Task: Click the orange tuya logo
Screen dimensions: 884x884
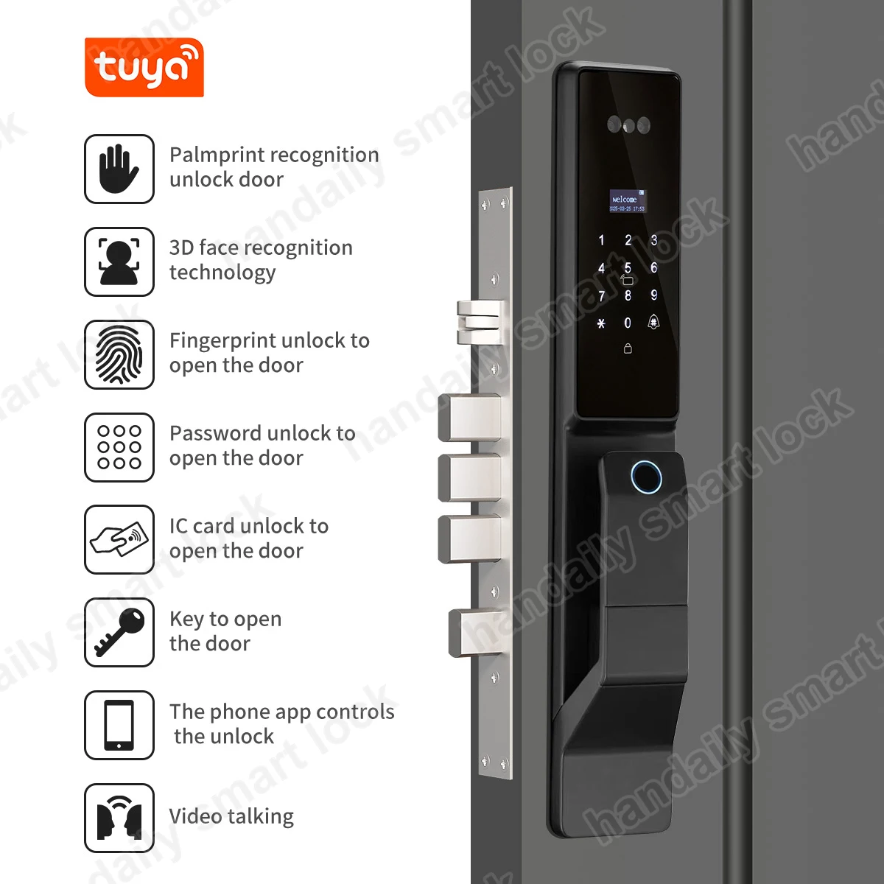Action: tap(144, 67)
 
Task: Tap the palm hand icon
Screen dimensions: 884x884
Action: tap(119, 169)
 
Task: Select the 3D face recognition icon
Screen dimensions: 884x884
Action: tap(119, 262)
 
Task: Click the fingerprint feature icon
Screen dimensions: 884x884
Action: tap(119, 354)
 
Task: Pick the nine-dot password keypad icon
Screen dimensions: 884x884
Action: tap(119, 447)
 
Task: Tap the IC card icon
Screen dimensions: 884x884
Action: tap(119, 539)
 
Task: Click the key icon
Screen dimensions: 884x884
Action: tap(119, 632)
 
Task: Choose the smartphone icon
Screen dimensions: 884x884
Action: tap(119, 725)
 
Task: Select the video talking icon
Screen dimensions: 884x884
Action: tap(119, 818)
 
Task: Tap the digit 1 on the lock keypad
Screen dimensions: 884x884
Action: tap(601, 240)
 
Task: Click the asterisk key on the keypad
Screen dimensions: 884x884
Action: tap(601, 323)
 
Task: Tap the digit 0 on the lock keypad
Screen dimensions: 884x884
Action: tap(628, 323)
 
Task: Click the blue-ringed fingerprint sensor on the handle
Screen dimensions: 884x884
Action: tap(646, 477)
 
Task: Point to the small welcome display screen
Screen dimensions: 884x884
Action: tap(627, 201)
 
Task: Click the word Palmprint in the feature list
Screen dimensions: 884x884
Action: tap(214, 155)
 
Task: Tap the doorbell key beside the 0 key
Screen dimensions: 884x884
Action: tap(653, 323)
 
